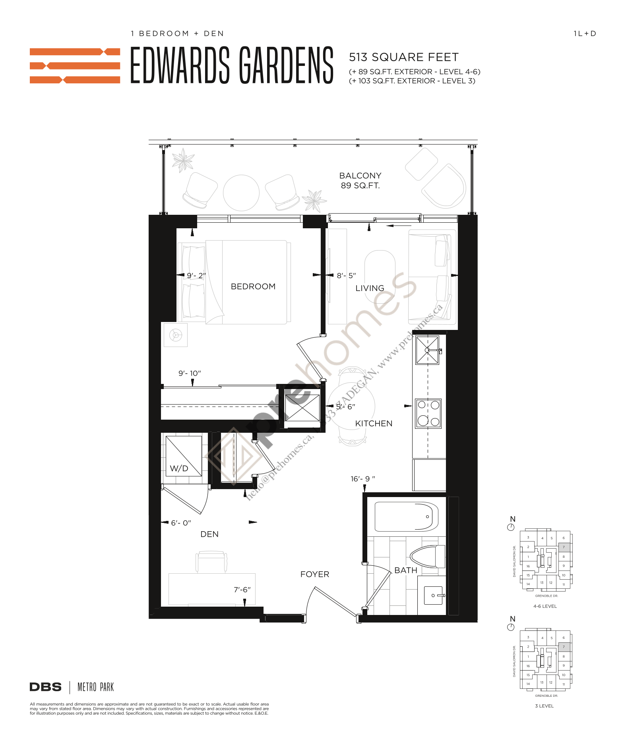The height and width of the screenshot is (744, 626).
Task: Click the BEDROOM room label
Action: click(x=253, y=286)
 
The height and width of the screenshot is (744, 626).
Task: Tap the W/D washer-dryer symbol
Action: click(x=183, y=456)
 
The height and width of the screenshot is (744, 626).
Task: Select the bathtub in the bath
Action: click(x=406, y=517)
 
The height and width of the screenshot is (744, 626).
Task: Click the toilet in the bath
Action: click(x=427, y=557)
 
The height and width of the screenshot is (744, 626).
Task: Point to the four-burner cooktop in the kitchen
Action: click(x=428, y=413)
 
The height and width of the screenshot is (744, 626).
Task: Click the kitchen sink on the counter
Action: click(x=427, y=350)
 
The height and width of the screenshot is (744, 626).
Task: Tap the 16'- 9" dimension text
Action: click(x=362, y=479)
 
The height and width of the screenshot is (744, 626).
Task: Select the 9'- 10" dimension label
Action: click(x=190, y=373)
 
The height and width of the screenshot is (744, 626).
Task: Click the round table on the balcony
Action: click(x=241, y=193)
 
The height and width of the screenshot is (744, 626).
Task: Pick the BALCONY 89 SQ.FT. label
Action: click(x=360, y=181)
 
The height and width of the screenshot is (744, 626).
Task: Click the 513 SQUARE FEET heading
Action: click(x=403, y=57)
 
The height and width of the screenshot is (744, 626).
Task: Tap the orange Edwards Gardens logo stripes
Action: click(x=75, y=66)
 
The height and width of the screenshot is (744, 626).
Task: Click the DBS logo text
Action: click(x=46, y=687)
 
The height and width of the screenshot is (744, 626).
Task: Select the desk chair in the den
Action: click(x=211, y=561)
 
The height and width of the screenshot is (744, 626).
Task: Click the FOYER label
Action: click(x=314, y=574)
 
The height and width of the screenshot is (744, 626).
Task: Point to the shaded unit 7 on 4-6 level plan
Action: click(x=564, y=547)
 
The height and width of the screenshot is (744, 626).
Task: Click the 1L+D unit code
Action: click(x=585, y=34)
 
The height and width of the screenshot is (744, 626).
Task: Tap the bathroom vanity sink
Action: click(x=433, y=595)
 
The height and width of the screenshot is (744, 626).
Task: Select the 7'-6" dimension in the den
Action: click(x=242, y=590)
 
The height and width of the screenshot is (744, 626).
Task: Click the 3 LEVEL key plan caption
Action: click(x=544, y=706)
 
